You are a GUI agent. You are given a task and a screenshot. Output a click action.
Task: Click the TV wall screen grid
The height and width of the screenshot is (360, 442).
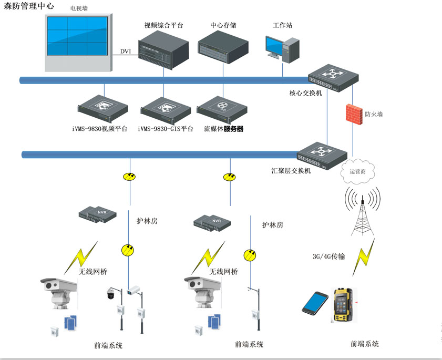(x=78, y=36)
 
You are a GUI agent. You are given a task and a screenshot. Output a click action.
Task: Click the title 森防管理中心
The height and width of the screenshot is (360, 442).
(x=29, y=6)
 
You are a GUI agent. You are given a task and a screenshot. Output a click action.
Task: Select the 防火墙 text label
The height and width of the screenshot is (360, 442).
(x=374, y=114)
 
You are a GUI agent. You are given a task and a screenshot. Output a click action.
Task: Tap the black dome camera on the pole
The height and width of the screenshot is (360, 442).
(x=111, y=293)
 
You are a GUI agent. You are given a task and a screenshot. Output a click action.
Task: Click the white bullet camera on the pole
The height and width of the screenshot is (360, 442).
(x=135, y=289)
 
